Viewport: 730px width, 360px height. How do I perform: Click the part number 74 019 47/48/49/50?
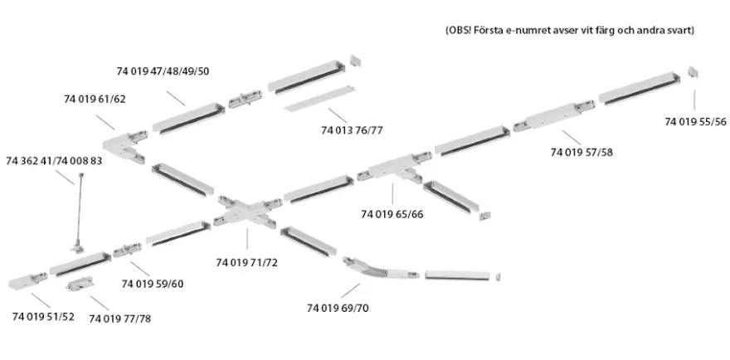click(163, 71)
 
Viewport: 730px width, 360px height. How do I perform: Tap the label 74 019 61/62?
click(95, 100)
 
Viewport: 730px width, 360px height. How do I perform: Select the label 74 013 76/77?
click(352, 130)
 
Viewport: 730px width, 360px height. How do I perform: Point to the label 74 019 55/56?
click(695, 122)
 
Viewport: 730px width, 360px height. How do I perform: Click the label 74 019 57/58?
click(582, 153)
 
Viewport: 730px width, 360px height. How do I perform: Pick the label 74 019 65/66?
click(392, 215)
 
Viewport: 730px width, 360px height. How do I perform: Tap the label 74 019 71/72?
click(246, 263)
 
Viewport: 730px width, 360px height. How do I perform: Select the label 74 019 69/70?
click(338, 309)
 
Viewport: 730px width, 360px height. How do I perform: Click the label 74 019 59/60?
click(153, 284)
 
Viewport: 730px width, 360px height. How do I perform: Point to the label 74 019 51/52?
click(43, 317)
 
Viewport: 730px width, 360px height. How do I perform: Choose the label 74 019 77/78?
click(120, 319)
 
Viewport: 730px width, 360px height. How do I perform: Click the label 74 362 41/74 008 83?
click(54, 161)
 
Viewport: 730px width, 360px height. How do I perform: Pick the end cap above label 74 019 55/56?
click(693, 71)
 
